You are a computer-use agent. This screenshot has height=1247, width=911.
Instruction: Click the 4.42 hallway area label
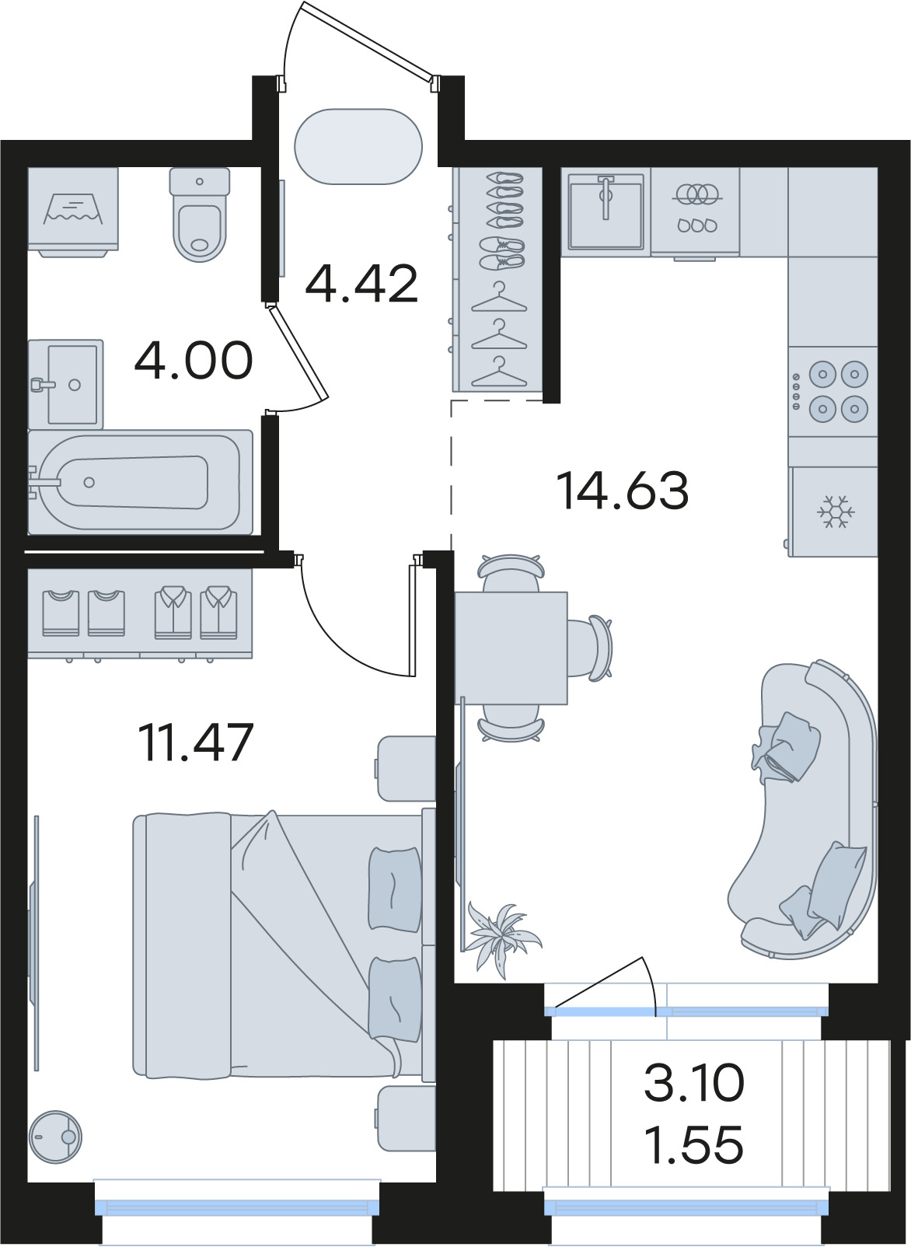pyautogui.click(x=361, y=284)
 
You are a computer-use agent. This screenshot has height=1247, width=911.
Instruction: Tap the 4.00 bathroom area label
pyautogui.click(x=194, y=360)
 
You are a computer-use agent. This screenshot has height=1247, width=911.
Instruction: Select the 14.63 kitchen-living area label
pyautogui.click(x=623, y=491)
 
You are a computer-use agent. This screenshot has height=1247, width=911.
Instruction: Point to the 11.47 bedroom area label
pyautogui.click(x=195, y=742)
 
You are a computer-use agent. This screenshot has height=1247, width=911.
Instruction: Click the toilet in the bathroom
pyautogui.click(x=200, y=215)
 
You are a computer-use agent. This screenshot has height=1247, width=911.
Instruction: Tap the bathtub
pyautogui.click(x=140, y=482)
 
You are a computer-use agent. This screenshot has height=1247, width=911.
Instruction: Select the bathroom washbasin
pyautogui.click(x=65, y=384)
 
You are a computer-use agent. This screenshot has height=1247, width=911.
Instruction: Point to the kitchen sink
pyautogui.click(x=606, y=211)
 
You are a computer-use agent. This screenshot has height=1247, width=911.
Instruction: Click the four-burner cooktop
pyautogui.click(x=833, y=391)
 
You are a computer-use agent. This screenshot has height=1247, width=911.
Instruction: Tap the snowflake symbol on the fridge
pyautogui.click(x=836, y=511)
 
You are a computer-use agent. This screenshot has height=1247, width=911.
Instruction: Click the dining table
pyautogui.click(x=511, y=648)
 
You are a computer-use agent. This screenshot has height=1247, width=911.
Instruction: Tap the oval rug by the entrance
pyautogui.click(x=358, y=146)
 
